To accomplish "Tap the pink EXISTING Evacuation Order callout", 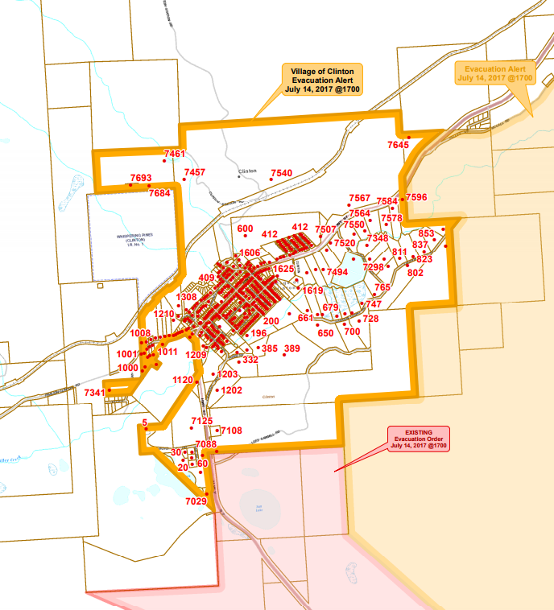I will click(418, 439).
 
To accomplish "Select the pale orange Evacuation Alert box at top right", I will click(494, 72).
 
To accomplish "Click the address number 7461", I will click(174, 154).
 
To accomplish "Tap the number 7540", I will click(281, 173).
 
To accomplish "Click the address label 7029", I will click(196, 501).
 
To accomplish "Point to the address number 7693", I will click(140, 178).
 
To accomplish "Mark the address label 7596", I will click(416, 197).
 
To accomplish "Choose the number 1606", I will click(249, 253).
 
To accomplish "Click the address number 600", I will click(245, 229).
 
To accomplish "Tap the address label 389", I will click(291, 348).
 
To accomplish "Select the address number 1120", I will click(183, 380).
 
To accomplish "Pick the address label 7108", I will click(231, 431).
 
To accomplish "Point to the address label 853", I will click(426, 233).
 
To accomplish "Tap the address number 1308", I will click(186, 297).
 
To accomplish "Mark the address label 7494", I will click(337, 273).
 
